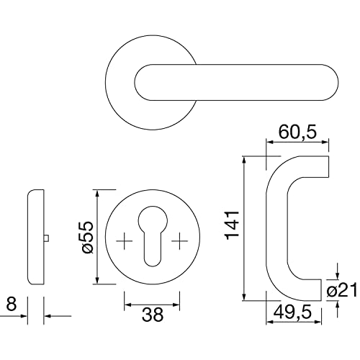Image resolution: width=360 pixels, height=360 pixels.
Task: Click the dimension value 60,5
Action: tap(297, 132)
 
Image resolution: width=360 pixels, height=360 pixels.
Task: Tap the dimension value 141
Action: tap(233, 225)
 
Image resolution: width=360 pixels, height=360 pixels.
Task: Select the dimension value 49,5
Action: tap(292, 312)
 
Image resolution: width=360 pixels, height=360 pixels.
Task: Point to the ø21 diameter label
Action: tap(341, 291)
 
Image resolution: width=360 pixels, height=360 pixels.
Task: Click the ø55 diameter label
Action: tap(87, 237)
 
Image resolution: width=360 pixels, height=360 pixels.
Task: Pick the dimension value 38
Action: tap(153, 315)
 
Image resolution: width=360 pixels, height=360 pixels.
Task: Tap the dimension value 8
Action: tap(12, 304)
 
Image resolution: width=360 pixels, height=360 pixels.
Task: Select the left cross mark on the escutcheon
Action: tap(125, 240)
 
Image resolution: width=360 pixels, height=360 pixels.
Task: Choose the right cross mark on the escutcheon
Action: tap(180, 240)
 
